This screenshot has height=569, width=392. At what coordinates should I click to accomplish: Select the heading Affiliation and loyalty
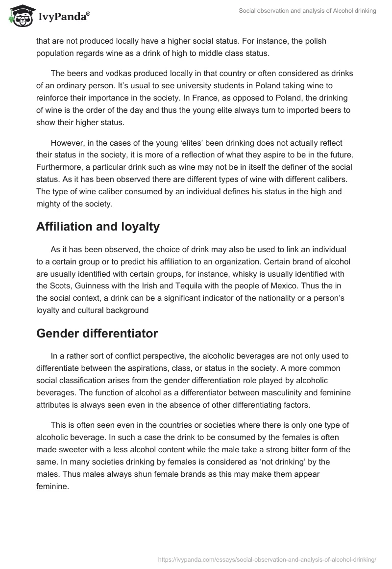(98, 227)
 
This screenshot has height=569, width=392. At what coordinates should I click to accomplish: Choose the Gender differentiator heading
(97, 333)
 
